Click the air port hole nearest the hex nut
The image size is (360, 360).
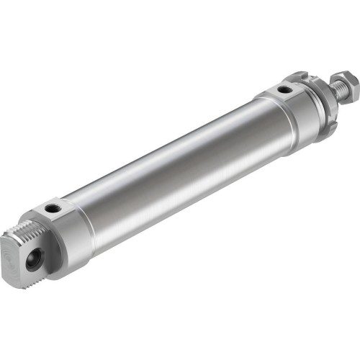[x=286, y=90]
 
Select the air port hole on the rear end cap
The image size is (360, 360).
[x=53, y=209]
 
